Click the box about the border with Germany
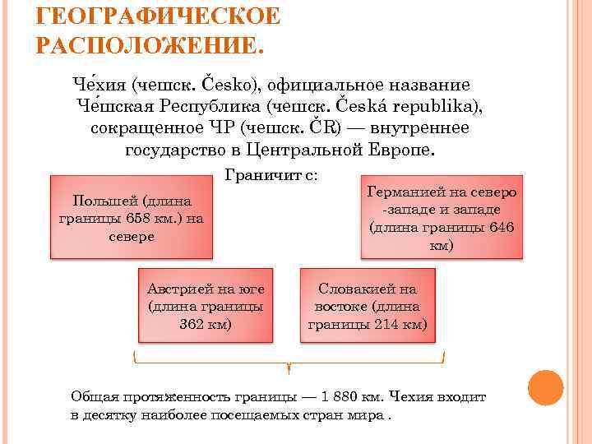pos(442,217)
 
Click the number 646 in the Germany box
pos(498,227)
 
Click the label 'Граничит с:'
pos(271,175)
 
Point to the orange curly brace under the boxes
pos(289,362)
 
